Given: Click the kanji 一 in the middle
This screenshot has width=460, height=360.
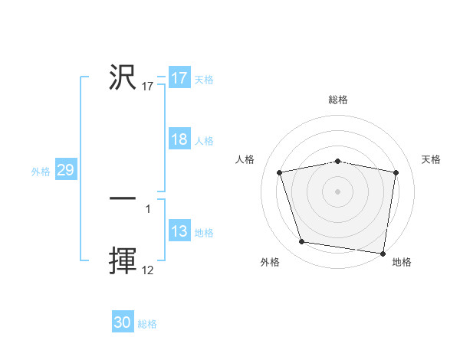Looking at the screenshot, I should tap(123, 198).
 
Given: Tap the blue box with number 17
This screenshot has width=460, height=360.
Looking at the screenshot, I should tap(179, 78).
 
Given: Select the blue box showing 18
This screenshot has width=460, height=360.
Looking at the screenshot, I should tap(179, 139).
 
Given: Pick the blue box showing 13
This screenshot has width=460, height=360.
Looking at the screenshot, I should tap(179, 231).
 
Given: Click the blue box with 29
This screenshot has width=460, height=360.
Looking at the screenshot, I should tap(65, 170).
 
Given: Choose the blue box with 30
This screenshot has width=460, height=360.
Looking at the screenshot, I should tap(123, 322).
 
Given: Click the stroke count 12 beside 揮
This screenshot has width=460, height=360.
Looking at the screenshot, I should tap(148, 270).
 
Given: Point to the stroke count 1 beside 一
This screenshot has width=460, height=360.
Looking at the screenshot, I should tap(148, 208).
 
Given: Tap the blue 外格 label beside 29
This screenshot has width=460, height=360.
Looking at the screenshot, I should tap(41, 172).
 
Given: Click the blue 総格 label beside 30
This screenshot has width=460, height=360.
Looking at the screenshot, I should tap(147, 324).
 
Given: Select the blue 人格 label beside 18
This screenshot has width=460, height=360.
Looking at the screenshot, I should tap(204, 141).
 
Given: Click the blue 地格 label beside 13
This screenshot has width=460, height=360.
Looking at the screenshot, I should tap(204, 233).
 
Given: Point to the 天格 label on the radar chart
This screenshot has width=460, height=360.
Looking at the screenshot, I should tap(431, 159).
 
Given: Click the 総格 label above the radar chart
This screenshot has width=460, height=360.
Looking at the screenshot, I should tap(337, 100).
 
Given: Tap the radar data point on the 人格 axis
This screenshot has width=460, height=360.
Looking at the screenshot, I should tap(280, 172).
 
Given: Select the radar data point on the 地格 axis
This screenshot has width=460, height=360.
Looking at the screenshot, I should tap(383, 253).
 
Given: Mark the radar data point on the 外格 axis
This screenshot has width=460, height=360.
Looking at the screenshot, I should tap(302, 242).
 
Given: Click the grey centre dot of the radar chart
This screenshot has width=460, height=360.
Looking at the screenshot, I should tap(337, 191).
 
